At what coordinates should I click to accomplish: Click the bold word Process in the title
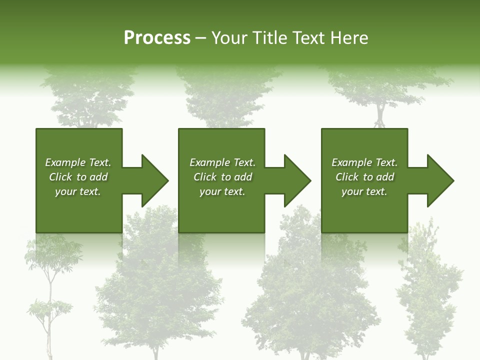157,38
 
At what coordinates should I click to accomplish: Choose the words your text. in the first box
78,191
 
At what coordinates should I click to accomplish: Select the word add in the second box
243,177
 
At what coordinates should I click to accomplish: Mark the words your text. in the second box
222,191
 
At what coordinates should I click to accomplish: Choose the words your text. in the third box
364,191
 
